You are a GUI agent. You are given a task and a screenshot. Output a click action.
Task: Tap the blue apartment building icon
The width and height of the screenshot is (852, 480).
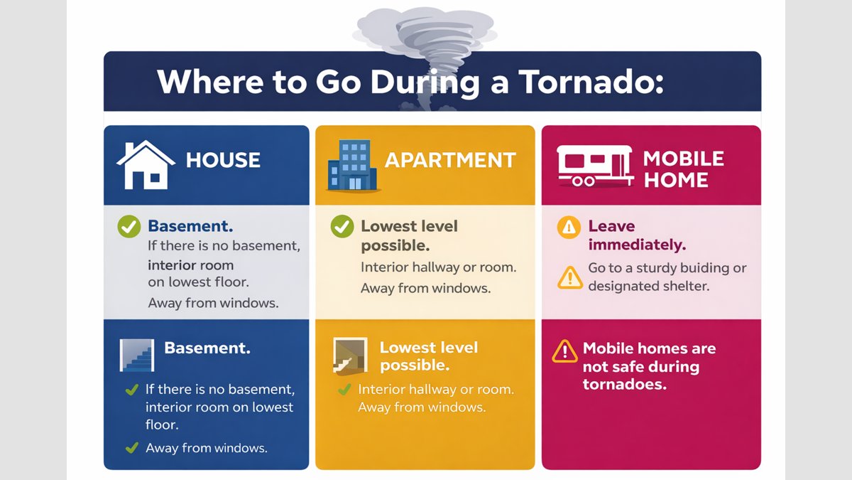(352, 165)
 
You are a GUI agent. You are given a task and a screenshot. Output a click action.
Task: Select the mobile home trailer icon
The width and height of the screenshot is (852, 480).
(594, 165)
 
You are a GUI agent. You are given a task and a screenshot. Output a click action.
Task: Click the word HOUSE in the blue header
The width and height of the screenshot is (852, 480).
(223, 160)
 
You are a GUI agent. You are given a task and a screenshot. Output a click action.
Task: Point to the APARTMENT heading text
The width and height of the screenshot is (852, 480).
(450, 160)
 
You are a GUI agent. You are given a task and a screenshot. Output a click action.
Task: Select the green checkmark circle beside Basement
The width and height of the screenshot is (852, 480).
(129, 228)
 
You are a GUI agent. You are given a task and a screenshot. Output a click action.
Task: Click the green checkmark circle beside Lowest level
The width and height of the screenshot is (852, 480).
(342, 228)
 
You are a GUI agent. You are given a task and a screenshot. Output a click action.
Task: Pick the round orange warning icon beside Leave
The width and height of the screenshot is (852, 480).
(569, 228)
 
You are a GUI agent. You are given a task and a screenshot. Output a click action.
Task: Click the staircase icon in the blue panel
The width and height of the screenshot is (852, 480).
(136, 354)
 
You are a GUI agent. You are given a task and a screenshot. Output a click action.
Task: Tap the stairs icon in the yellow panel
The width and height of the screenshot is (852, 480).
(350, 355)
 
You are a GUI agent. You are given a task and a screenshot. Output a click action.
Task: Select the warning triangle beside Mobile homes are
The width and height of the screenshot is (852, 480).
(564, 351)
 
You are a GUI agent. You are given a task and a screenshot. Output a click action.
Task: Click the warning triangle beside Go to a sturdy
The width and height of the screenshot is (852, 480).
(570, 277)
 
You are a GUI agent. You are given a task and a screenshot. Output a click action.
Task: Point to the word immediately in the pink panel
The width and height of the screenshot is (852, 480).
(637, 245)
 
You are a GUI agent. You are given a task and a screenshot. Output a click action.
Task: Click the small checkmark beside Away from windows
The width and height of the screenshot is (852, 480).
(131, 447)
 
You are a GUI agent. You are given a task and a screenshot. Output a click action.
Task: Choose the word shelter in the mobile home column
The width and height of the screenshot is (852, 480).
(687, 287)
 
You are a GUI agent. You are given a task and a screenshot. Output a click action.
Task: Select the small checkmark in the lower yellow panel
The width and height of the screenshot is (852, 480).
(345, 390)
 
